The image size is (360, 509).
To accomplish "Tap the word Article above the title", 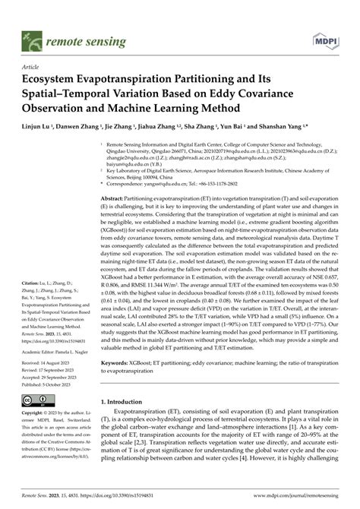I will [30, 67].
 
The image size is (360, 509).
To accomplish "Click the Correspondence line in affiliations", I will [190, 183].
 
